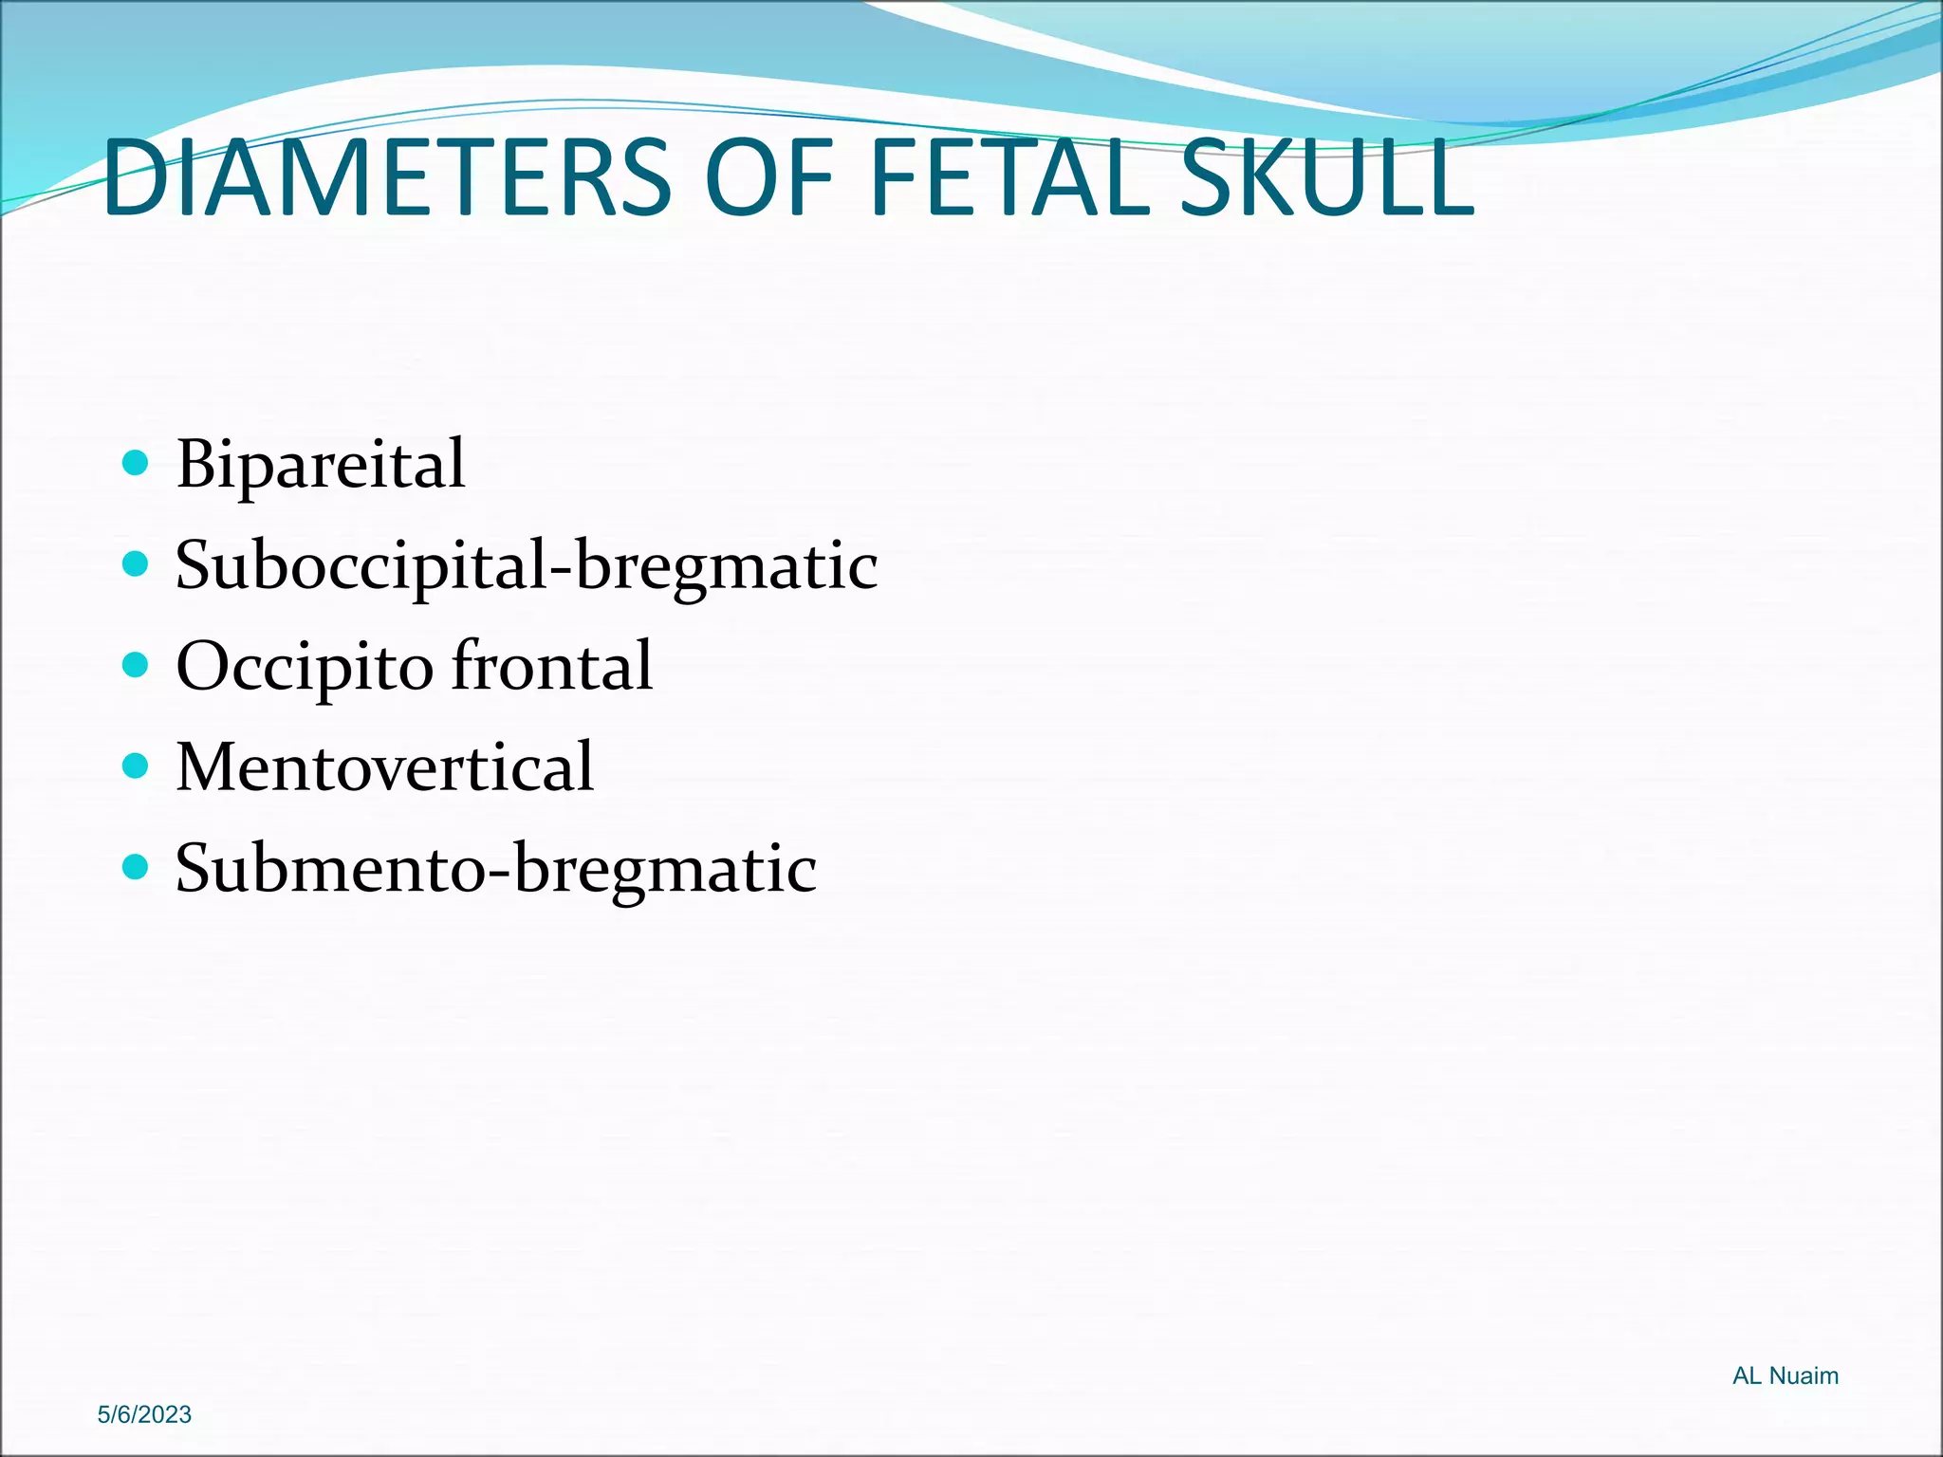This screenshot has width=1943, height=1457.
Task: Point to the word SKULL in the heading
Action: [x=1326, y=178]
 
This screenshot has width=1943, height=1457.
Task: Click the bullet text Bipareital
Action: [x=321, y=465]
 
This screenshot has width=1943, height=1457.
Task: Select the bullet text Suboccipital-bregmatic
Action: [x=527, y=566]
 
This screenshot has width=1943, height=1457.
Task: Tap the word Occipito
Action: [x=305, y=667]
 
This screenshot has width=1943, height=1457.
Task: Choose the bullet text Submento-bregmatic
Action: [x=496, y=869]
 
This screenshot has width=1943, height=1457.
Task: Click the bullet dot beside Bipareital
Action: [x=137, y=463]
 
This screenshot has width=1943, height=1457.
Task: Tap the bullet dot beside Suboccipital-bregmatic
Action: [x=137, y=564]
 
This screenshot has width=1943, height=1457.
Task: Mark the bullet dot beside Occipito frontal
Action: [x=137, y=665]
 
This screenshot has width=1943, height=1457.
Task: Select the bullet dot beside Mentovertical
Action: [x=137, y=765]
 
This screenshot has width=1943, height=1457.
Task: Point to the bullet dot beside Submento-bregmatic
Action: [x=137, y=867]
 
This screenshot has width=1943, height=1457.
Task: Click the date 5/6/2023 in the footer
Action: [x=144, y=1414]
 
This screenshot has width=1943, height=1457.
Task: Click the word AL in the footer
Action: [x=1747, y=1375]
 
